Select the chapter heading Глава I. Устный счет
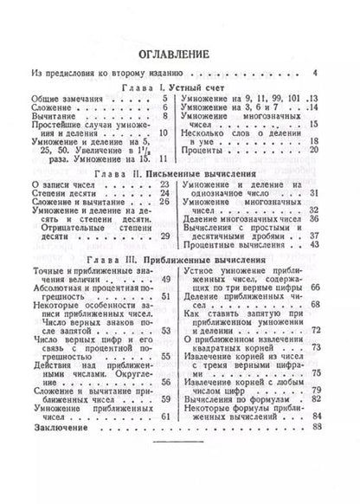tap(178, 87)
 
